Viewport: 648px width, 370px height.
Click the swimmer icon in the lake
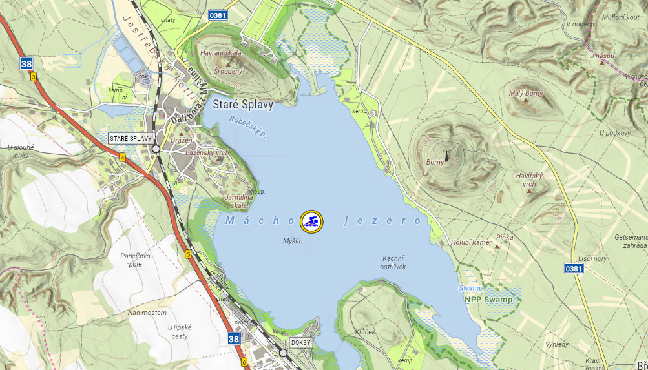311,221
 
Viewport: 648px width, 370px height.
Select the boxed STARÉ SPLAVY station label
131,138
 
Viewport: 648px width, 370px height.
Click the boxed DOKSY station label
300,342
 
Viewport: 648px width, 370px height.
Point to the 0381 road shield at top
218,14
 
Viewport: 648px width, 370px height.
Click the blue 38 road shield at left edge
26,63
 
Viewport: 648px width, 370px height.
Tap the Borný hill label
435,162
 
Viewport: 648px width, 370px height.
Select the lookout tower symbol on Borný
446,155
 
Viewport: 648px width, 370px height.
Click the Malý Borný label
525,94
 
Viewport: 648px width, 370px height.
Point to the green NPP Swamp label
488,300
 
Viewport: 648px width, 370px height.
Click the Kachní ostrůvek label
393,262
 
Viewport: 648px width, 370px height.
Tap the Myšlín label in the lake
293,241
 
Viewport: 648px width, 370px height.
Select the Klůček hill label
365,331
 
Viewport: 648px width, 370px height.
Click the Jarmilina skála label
236,201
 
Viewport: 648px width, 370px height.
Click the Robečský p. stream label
248,127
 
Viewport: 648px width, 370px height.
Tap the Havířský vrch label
530,180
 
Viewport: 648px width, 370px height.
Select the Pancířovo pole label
136,260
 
